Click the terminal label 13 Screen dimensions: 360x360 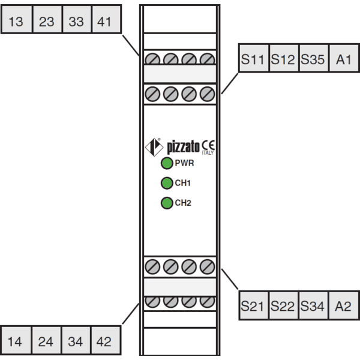16,22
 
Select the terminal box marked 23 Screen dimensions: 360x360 47,19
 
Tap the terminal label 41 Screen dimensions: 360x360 104,22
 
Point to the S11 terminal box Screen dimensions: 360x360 254,58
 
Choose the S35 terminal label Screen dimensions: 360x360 313,59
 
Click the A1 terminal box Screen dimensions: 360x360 344,58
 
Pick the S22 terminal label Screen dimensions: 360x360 283,306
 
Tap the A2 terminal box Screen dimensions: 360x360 344,305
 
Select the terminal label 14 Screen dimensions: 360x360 15,341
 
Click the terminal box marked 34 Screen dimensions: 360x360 76,340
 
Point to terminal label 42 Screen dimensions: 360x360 104,341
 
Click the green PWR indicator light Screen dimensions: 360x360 167,163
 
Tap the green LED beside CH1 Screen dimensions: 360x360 167,183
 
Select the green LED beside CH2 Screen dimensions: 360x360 167,203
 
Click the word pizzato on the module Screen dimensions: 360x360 183,147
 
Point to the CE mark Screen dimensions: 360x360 208,145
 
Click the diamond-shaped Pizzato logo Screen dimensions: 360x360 154,147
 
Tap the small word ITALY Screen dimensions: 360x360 208,152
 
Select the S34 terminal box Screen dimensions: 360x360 313,305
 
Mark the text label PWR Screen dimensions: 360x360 184,163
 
